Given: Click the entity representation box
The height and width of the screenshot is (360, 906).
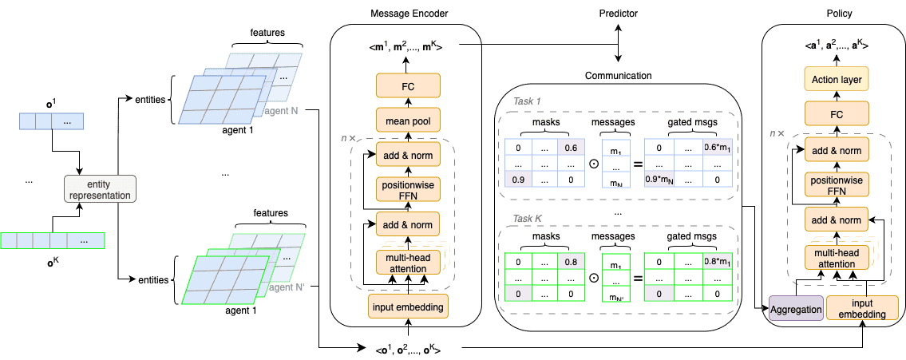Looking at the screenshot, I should coord(99,188).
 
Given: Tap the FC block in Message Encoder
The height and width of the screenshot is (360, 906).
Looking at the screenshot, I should coord(408,85).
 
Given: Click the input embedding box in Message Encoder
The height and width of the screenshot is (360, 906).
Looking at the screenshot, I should coord(408,305).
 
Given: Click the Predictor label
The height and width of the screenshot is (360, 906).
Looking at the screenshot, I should coord(619,15).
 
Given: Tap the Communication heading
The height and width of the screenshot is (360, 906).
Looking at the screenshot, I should coord(619,76).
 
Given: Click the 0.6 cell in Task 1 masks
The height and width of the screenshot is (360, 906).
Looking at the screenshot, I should coord(571,148).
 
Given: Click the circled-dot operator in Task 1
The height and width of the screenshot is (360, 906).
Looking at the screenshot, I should coord(593,164).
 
